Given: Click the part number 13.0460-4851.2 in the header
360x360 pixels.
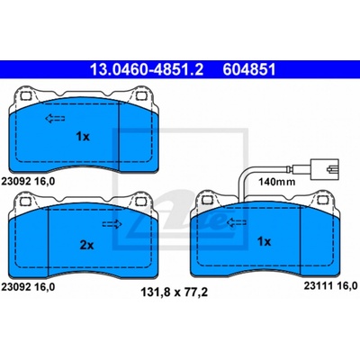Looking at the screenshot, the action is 147,69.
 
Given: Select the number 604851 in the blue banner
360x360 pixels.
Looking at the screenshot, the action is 249,69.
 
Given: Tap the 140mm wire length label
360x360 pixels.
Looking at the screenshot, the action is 277,182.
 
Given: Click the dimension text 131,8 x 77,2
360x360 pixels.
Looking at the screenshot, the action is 175,292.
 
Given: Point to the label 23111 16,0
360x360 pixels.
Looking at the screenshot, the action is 330,285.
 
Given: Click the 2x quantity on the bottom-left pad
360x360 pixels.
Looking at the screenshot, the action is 86,246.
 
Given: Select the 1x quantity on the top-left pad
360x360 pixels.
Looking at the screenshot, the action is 83,137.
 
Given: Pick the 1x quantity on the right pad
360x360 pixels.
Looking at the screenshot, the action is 264,241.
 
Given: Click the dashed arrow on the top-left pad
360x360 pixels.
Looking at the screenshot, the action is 55,119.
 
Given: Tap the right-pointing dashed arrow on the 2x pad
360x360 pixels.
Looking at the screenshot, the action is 112,224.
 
